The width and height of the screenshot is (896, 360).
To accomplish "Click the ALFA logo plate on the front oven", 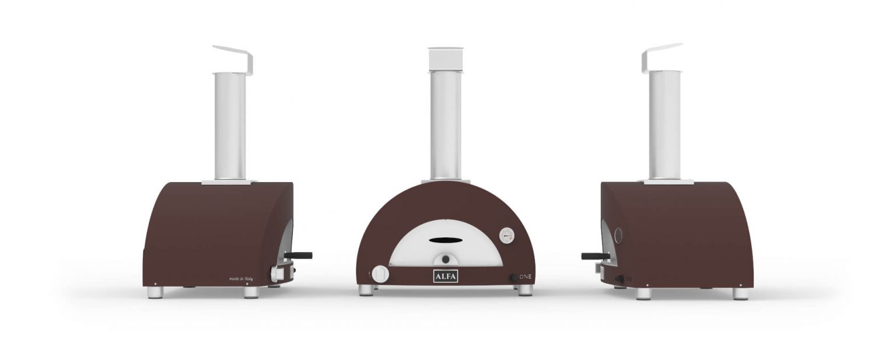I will point(445,275).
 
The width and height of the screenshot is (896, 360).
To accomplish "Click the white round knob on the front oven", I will point(380,274).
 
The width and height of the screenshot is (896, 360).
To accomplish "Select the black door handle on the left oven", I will point(301,255).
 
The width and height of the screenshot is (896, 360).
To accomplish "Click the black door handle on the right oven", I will point(593,256).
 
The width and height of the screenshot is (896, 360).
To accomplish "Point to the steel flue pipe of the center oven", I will point(446,125).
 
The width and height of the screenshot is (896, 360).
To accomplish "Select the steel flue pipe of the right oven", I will point(665,125).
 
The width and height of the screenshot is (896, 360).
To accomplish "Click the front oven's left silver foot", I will point(366,290).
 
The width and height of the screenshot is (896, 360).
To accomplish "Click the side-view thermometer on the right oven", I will point(617,235).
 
